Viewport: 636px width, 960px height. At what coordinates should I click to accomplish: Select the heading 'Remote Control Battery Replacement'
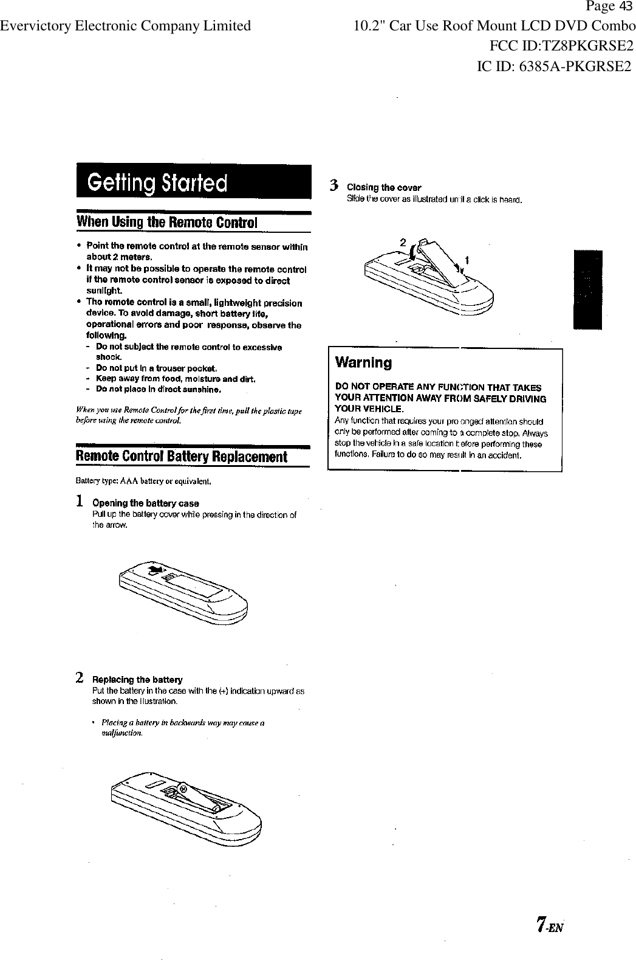pos(180,457)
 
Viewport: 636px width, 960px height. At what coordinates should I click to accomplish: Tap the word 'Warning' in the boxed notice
pos(363,363)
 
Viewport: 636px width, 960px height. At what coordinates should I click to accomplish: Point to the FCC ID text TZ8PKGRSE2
pos(561,46)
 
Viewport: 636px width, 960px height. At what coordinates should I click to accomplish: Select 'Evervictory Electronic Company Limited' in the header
pos(126,26)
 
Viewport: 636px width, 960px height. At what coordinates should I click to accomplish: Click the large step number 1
pos(80,502)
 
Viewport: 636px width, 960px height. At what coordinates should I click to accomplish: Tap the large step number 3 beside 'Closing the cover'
pos(333,185)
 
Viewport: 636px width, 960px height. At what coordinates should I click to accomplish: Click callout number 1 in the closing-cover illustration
pos(466,260)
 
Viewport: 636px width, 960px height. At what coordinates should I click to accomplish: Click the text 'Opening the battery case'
pos(145,503)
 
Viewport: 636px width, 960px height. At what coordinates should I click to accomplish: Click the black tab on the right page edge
pos(587,289)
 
